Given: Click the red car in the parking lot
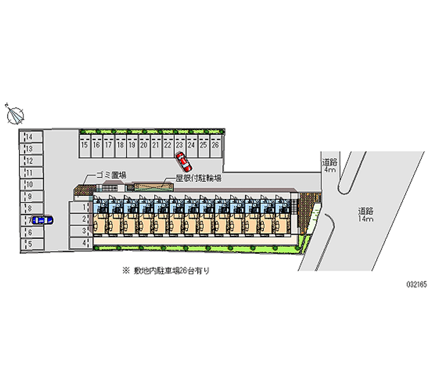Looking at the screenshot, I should point(182,159).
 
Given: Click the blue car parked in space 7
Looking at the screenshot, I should point(41,219).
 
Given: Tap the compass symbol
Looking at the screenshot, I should point(15,114).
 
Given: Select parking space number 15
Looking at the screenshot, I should point(84,145).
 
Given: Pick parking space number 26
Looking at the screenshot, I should point(215,145).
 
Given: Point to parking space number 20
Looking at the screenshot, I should point(144,145).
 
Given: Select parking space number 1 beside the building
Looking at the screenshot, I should point(78,207).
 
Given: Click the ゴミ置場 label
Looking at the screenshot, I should point(111,175).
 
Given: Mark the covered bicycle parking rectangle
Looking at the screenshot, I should point(153,187).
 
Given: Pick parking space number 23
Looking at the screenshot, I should point(180,145).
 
